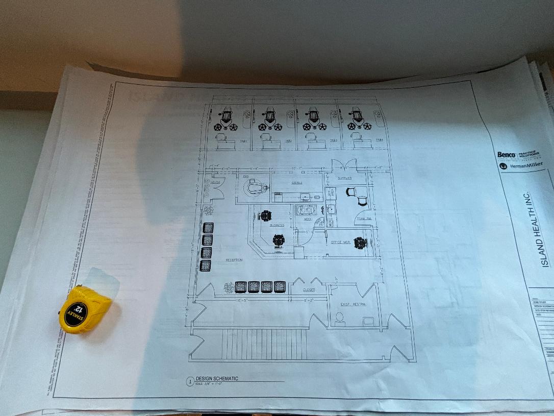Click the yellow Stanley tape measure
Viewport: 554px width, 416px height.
pos(84,309)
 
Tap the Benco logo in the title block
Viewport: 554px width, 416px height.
pos(507,155)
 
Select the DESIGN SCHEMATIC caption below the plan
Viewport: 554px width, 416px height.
pos(217,379)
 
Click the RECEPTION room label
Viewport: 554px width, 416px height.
pos(234,260)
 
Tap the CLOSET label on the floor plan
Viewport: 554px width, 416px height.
pos(309,290)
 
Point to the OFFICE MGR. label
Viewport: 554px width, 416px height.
pos(340,242)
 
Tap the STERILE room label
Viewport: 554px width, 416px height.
pos(297,182)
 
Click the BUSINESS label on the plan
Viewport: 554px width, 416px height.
pos(276,225)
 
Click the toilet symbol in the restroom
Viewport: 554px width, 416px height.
pos(339,317)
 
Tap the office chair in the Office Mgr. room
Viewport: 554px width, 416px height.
pos(361,242)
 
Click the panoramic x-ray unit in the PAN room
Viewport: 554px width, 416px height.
pos(255,187)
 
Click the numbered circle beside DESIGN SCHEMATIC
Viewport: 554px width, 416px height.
pos(190,381)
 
